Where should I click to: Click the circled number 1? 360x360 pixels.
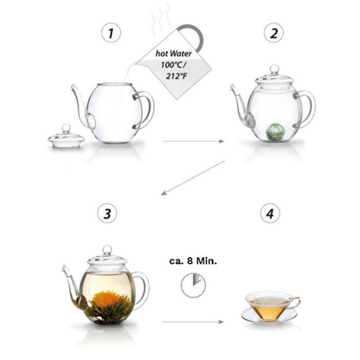tap(111, 33)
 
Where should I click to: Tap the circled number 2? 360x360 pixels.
tap(273, 33)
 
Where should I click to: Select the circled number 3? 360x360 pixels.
tap(107, 214)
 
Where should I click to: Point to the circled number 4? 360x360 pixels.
tap(270, 214)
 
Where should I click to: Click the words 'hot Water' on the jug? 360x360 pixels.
tap(173, 54)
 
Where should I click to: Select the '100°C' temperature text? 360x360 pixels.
tap(172, 65)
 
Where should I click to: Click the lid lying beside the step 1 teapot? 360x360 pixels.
tap(66, 138)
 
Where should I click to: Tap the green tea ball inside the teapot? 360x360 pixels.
tap(273, 132)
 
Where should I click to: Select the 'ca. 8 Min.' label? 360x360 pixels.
tap(193, 261)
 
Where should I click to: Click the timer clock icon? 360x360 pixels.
tap(193, 286)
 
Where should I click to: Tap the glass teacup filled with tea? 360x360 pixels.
tap(271, 306)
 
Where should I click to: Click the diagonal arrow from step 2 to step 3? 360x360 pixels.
tap(193, 178)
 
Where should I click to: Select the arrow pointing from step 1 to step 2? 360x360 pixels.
tap(193, 141)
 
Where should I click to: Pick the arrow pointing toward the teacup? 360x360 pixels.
tap(193, 322)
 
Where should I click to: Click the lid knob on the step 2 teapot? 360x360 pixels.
tap(274, 69)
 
